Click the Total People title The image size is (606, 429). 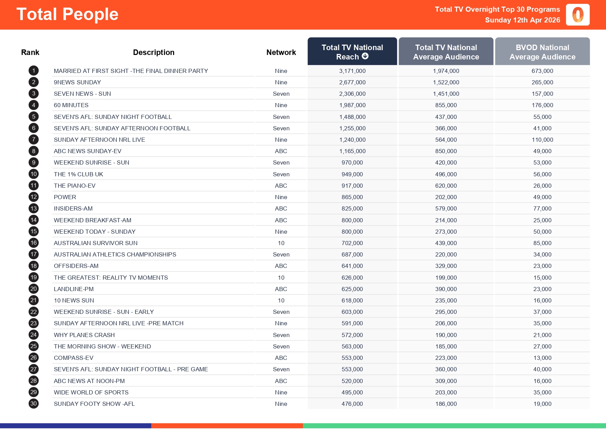67,15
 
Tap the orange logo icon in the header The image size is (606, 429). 578,15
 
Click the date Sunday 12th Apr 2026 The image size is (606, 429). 522,20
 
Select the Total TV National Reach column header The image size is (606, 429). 352,52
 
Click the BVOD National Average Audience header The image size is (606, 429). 542,52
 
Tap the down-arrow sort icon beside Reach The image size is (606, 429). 365,56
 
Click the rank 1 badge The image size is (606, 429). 34,71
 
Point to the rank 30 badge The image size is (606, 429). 34,404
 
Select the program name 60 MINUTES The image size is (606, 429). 71,105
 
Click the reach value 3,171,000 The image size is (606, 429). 352,71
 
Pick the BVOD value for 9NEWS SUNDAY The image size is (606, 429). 542,82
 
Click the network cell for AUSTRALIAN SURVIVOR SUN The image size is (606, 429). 281,243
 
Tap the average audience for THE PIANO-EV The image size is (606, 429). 446,186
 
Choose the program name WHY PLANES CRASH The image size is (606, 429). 84,335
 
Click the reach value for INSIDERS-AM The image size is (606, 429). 352,208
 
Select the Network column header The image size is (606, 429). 281,52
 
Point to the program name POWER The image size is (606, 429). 65,197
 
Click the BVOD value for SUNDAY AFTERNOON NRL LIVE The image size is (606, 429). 542,140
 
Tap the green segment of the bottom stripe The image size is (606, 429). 454,426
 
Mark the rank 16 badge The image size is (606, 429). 34,243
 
